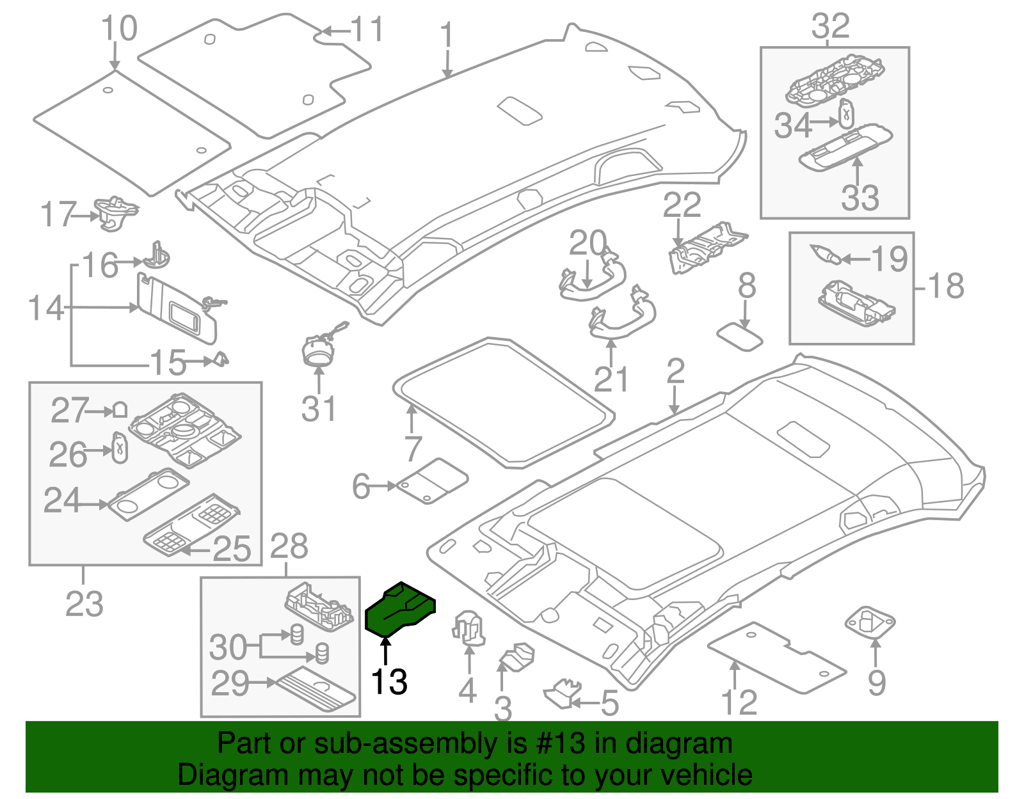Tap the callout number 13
[x=389, y=682]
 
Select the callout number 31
[x=319, y=409]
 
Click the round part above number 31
[x=318, y=349]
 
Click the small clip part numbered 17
[x=115, y=212]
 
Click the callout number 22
[x=682, y=205]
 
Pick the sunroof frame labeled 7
[x=502, y=401]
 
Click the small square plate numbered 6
[x=433, y=481]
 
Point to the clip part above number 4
[x=469, y=627]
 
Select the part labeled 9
[x=870, y=622]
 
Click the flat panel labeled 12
[x=776, y=657]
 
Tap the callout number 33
[x=860, y=198]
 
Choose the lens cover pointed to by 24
[x=148, y=493]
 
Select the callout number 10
[x=119, y=29]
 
